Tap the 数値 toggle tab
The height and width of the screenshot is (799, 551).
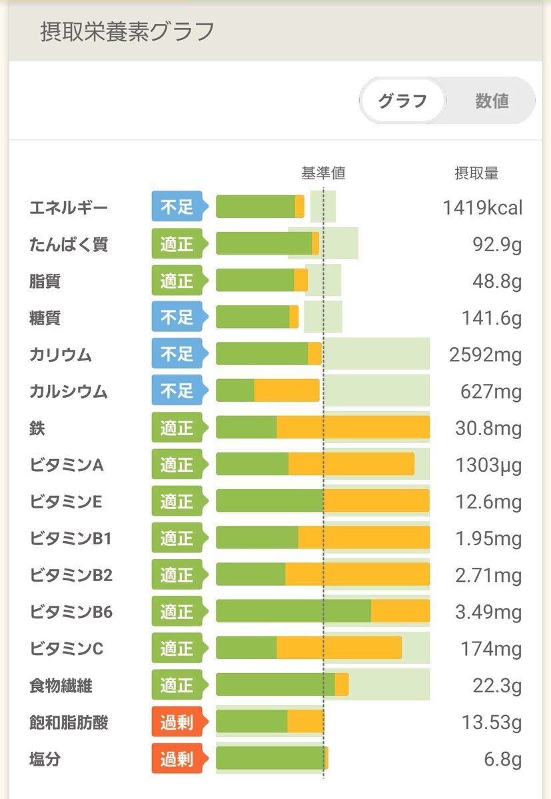(x=492, y=101)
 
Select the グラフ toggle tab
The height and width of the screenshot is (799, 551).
(x=402, y=101)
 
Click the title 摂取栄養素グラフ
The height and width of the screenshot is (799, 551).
(x=127, y=31)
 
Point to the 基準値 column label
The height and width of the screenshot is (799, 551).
(x=323, y=174)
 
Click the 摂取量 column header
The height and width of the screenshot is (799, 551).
(x=476, y=174)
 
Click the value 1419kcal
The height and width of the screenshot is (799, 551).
(x=482, y=207)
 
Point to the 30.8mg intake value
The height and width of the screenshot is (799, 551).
(x=488, y=428)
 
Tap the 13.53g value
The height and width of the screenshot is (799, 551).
(x=492, y=722)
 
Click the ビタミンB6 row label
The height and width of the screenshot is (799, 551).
(x=71, y=611)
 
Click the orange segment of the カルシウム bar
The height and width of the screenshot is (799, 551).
(x=286, y=391)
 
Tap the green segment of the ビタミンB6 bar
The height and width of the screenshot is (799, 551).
(x=293, y=611)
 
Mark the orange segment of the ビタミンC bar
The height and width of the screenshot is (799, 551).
(x=338, y=648)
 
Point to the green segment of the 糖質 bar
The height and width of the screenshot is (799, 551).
(x=253, y=317)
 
